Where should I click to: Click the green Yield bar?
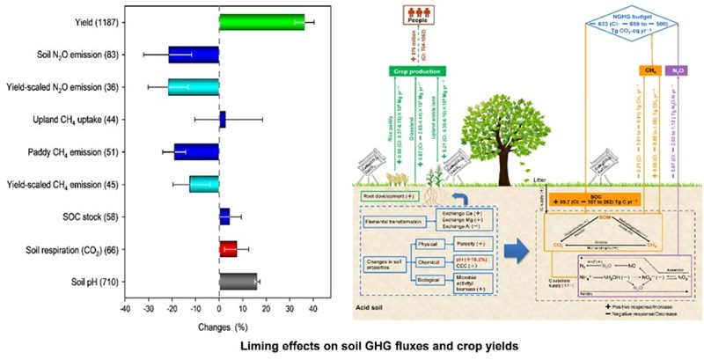coord(262,22)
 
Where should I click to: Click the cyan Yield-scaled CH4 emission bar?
coord(204,183)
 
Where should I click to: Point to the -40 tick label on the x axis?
coord(126,307)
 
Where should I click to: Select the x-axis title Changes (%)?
coord(220,322)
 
